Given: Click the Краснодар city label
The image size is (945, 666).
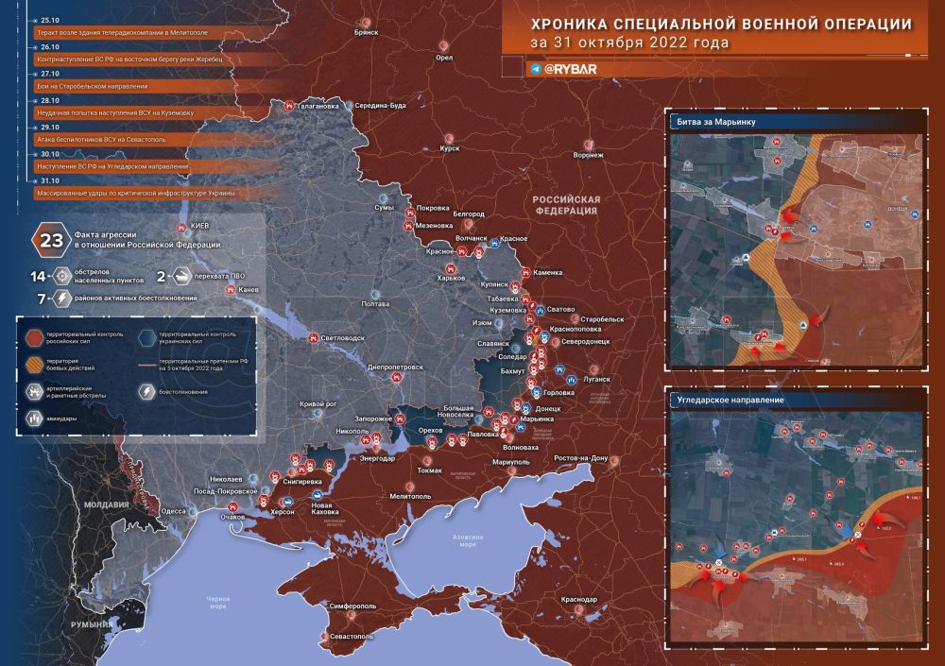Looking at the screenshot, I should (x=578, y=600).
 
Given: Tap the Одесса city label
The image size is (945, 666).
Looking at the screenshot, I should (x=174, y=510).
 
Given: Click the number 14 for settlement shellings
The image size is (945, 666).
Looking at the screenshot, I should (x=39, y=276).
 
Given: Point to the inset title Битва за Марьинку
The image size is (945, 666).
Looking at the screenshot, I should (x=714, y=123).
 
